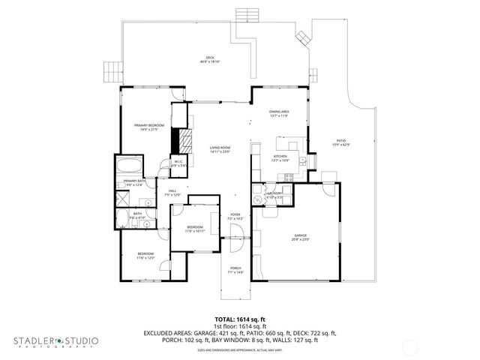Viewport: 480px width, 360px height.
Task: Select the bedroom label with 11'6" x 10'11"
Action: (x=194, y=228)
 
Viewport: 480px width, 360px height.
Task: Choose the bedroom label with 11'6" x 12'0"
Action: (x=145, y=256)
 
